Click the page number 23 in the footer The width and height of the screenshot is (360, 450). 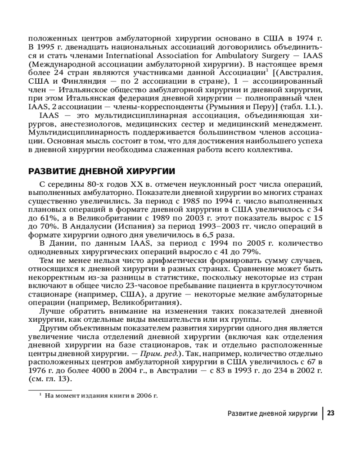[x=331, y=413]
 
